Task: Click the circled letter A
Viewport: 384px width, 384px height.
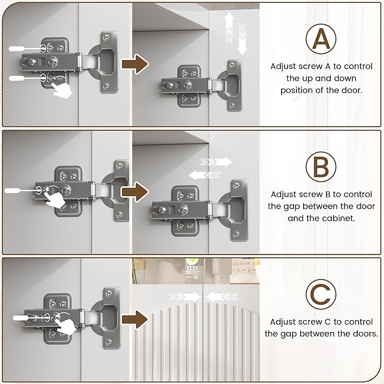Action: pos(321,39)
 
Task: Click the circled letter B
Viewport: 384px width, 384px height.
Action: pos(321,167)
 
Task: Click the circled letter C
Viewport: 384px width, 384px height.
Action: pos(321,295)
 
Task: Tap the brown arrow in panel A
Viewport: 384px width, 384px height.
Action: pos(135,64)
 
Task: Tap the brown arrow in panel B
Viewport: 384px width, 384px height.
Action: pos(135,192)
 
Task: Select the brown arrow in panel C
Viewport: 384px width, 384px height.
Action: pos(135,320)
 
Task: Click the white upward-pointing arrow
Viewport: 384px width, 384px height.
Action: pos(229,28)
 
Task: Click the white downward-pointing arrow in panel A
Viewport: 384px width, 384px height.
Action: pos(242,38)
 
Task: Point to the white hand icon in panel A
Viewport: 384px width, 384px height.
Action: pos(62,90)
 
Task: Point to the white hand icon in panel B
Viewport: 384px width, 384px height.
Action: pos(55,200)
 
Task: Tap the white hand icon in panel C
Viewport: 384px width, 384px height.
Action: pos(66,327)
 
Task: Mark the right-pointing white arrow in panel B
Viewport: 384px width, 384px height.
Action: pos(216,162)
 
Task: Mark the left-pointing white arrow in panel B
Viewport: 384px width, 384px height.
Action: pos(205,175)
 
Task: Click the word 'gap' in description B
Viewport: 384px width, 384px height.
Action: pos(292,207)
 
